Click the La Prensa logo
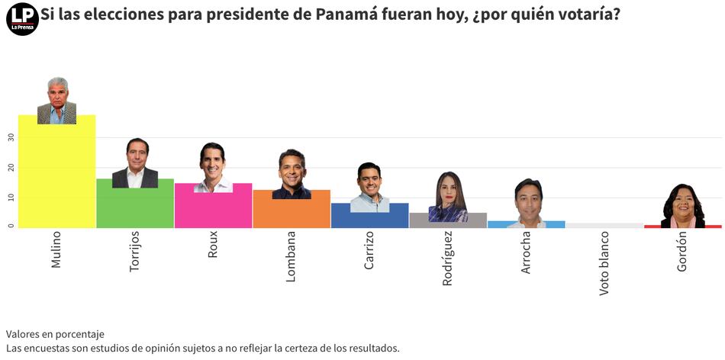point(22,19)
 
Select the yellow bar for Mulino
point(56,175)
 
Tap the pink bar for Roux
point(213,210)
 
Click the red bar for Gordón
point(682,227)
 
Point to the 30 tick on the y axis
point(11,137)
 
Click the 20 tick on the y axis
point(11,167)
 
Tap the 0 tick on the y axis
point(11,227)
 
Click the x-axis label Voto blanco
point(604,264)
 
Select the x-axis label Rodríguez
point(447,259)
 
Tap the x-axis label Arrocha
point(525,253)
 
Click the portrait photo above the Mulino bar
point(56,100)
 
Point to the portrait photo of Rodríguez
point(449,197)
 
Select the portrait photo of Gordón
point(682,204)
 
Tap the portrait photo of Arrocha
point(527,202)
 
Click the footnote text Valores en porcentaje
point(55,334)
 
